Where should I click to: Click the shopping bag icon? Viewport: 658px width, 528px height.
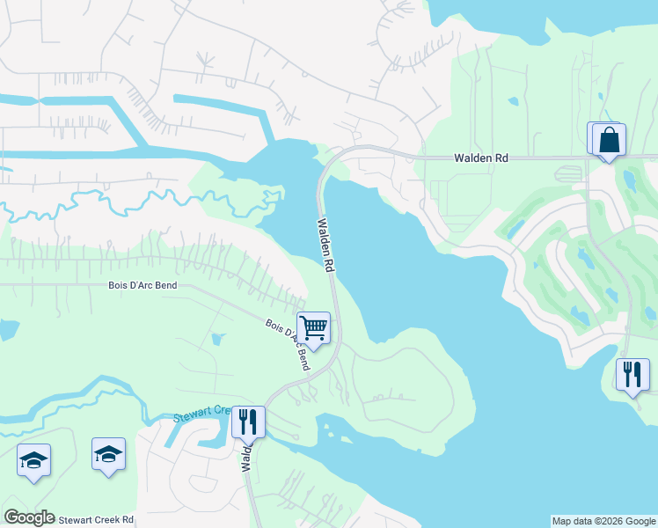click(607, 140)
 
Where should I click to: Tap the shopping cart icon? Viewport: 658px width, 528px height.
click(313, 329)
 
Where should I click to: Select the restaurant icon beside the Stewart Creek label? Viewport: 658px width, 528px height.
click(248, 422)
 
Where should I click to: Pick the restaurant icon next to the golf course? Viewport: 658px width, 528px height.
click(632, 375)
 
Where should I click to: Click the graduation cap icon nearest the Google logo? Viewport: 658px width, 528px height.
click(33, 460)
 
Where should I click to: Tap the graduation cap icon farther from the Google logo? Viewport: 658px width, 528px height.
click(108, 454)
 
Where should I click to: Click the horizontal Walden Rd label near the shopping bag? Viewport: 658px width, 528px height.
click(481, 158)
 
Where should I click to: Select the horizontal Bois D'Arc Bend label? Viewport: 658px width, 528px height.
click(143, 285)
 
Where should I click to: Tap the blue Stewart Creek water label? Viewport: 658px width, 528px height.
click(201, 414)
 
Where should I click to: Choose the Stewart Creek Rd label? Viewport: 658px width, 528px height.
click(96, 519)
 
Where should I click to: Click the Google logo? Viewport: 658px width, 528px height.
click(29, 517)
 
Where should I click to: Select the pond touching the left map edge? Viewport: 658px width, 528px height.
click(7, 330)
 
